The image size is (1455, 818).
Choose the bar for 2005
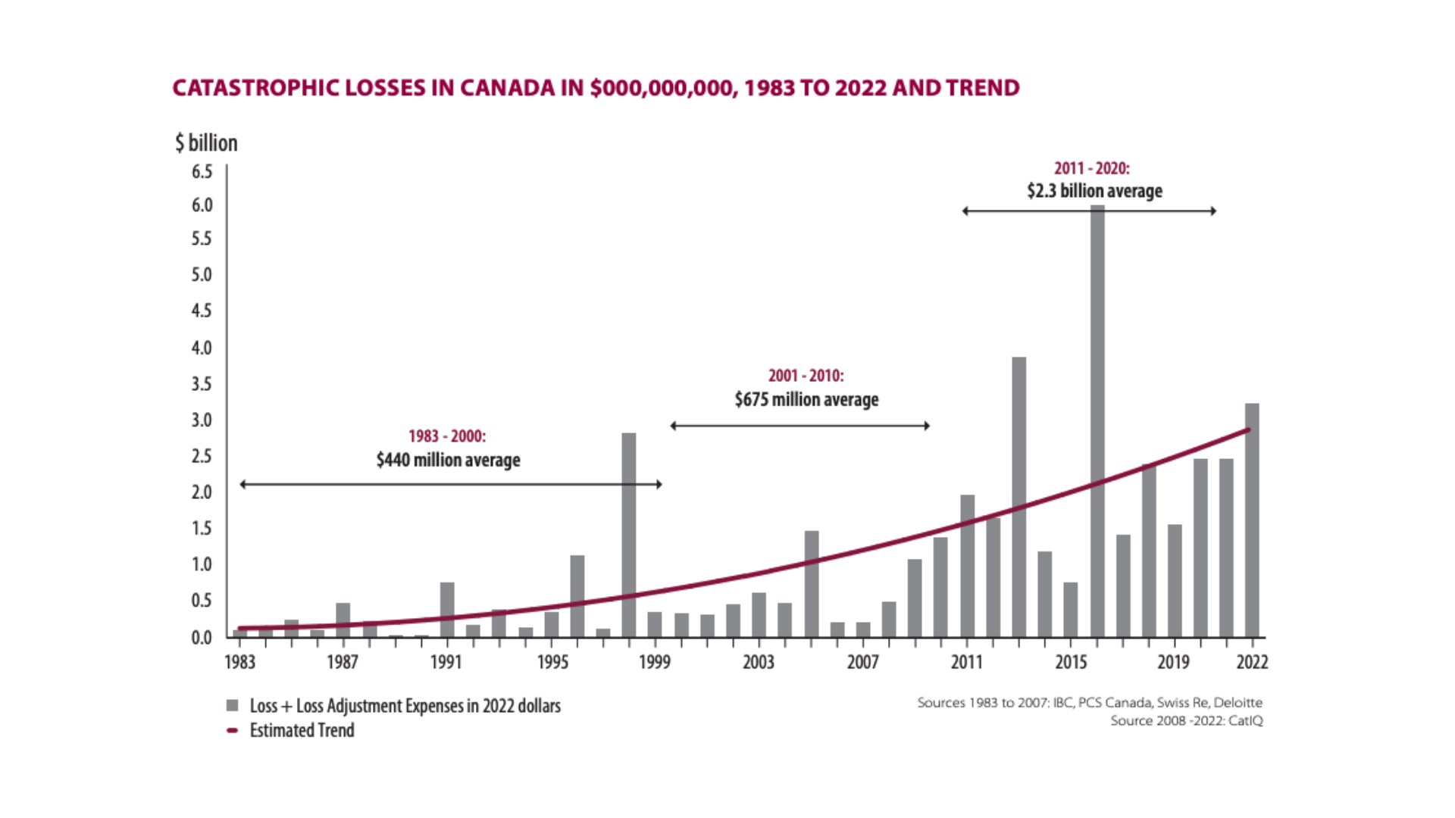point(812,583)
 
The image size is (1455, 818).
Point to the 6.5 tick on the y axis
point(202,172)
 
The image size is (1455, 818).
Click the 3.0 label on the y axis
point(202,420)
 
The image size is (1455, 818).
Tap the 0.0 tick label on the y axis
point(202,638)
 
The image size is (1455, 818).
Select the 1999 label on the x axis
point(655,662)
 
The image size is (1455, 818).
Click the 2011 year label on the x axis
point(967,662)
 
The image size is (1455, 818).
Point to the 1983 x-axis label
point(240,662)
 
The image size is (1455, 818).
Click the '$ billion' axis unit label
point(206,142)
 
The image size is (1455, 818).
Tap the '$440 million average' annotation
point(448,460)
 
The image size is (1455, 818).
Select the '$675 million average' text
point(806,399)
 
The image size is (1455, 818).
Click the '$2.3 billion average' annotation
point(1094,191)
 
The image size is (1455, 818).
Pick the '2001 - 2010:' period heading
point(806,376)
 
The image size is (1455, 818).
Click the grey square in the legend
point(233,706)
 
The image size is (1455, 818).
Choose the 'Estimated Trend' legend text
point(302,730)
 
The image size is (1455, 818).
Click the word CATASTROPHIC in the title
point(256,88)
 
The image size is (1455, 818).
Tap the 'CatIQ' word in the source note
point(1246,720)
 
